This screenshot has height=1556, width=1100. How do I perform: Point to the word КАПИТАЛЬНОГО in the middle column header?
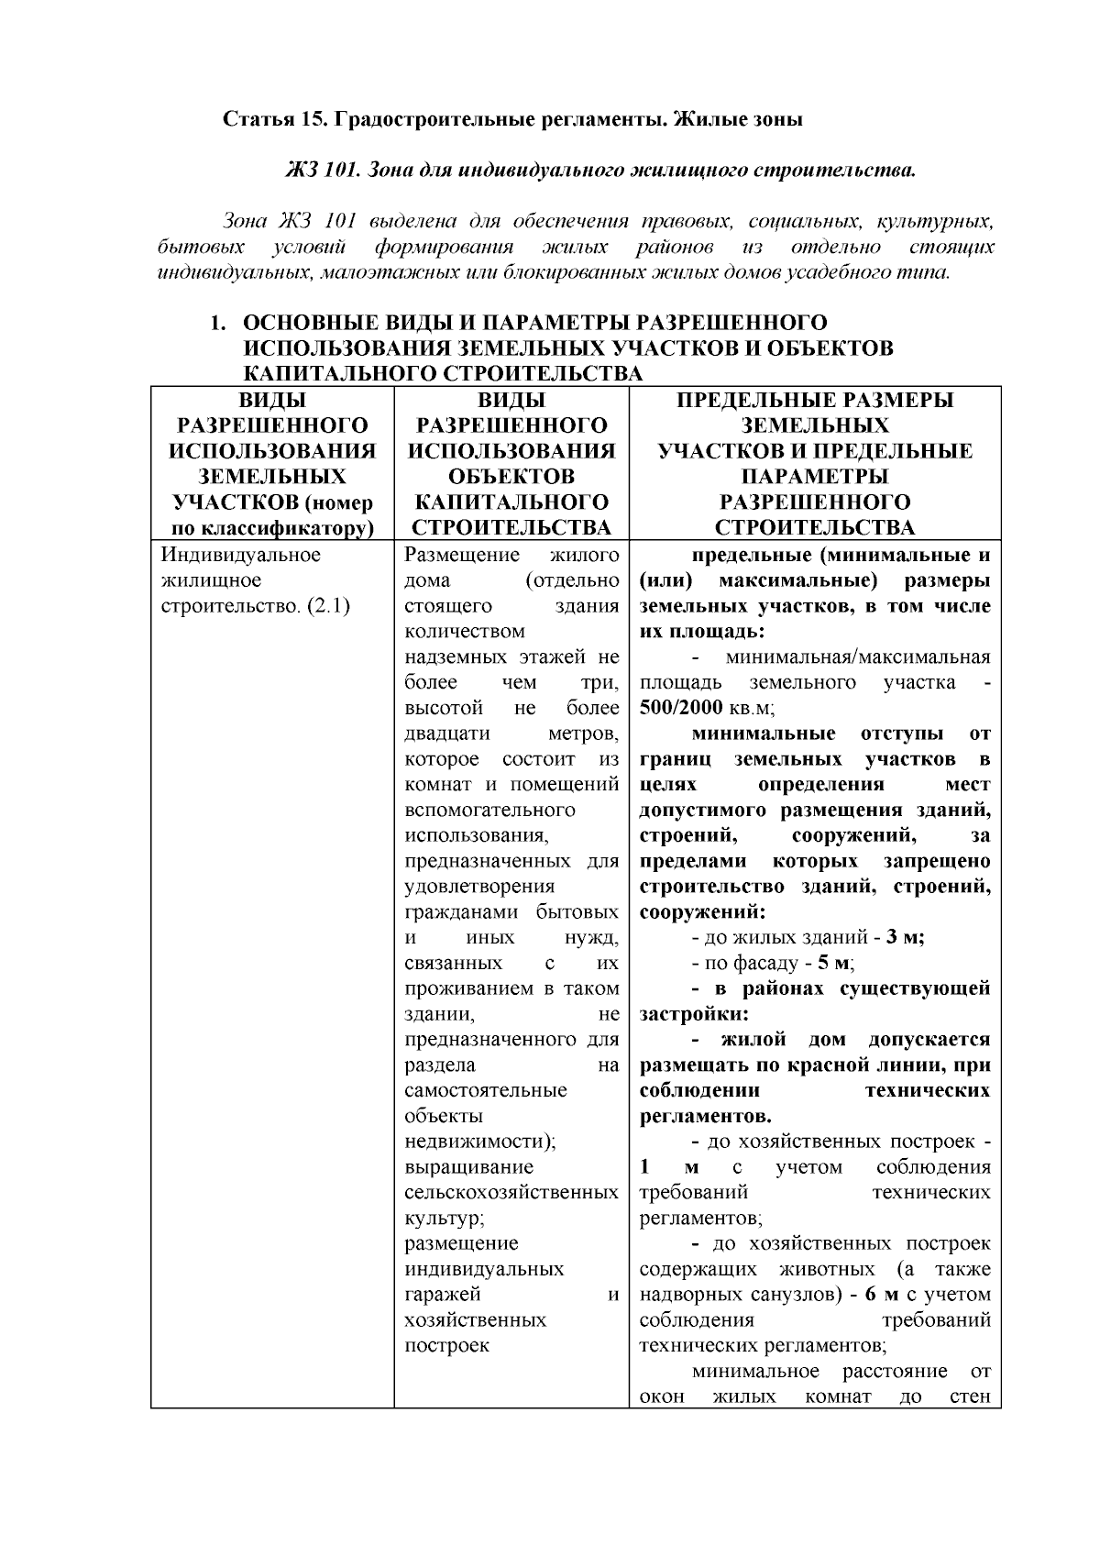[x=511, y=502]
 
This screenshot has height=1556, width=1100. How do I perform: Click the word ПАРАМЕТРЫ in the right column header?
[x=815, y=476]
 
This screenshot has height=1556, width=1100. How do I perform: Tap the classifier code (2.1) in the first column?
[x=328, y=606]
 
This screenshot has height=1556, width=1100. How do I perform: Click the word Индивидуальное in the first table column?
[x=240, y=555]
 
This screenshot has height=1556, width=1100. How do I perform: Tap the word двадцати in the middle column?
[x=446, y=734]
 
